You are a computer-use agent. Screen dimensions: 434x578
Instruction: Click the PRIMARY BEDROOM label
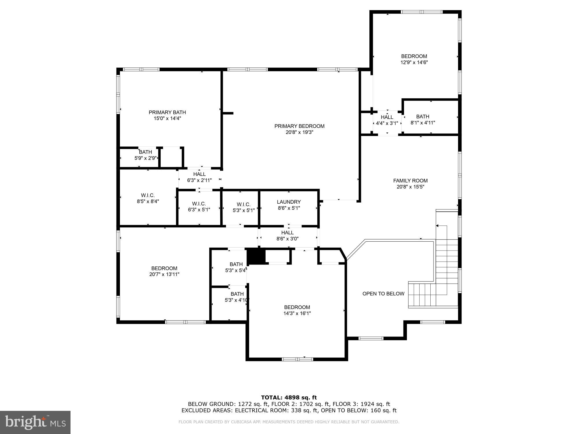tap(299, 126)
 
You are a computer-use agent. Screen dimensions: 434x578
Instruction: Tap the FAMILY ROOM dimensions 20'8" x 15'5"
tap(410, 187)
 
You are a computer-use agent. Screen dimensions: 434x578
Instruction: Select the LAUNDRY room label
tap(289, 202)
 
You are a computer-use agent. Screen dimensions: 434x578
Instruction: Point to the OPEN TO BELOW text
tap(383, 294)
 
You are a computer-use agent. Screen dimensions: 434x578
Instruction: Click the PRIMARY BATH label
tap(167, 112)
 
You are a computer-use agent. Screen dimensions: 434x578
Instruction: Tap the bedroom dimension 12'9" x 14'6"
tap(414, 62)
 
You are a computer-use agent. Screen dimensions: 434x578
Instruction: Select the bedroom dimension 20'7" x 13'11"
tap(164, 274)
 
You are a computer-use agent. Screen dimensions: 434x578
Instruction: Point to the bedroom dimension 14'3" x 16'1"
tap(297, 313)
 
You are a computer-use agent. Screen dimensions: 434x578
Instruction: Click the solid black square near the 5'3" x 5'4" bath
tap(256, 256)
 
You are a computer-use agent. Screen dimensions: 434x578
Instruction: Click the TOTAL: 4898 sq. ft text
tap(289, 398)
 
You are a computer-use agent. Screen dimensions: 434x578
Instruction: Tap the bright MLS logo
tap(35, 422)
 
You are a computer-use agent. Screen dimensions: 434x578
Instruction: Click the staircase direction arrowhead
tap(437, 226)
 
